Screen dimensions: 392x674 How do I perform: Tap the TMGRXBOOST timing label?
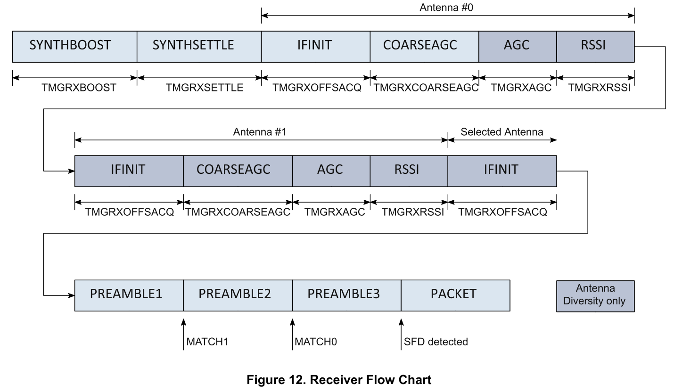(74, 88)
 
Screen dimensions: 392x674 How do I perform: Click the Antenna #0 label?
(447, 8)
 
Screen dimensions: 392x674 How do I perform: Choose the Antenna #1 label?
(261, 132)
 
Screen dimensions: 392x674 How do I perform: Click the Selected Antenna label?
(502, 132)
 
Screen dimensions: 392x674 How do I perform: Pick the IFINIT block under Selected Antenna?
(502, 170)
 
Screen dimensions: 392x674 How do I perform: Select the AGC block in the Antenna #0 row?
(518, 46)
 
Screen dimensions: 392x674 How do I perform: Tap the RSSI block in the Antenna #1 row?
(409, 170)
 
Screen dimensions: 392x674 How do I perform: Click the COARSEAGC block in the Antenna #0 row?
(424, 46)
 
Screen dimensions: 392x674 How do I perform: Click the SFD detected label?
(436, 341)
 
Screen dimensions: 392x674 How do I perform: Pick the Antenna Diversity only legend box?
(595, 295)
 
